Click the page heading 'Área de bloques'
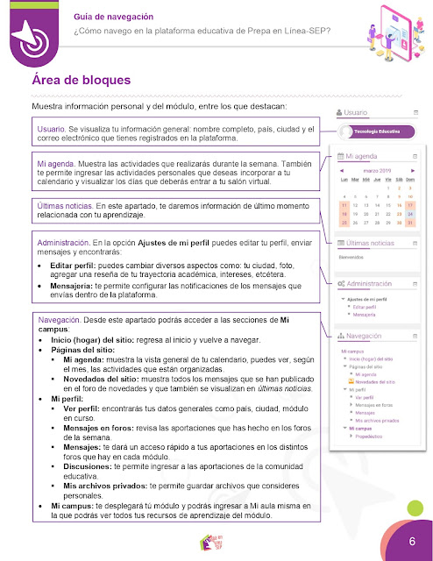coord(81,81)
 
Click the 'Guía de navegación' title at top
coord(115,16)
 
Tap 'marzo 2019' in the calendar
coord(378,170)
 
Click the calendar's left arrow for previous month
coord(343,170)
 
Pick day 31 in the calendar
coord(410,223)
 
